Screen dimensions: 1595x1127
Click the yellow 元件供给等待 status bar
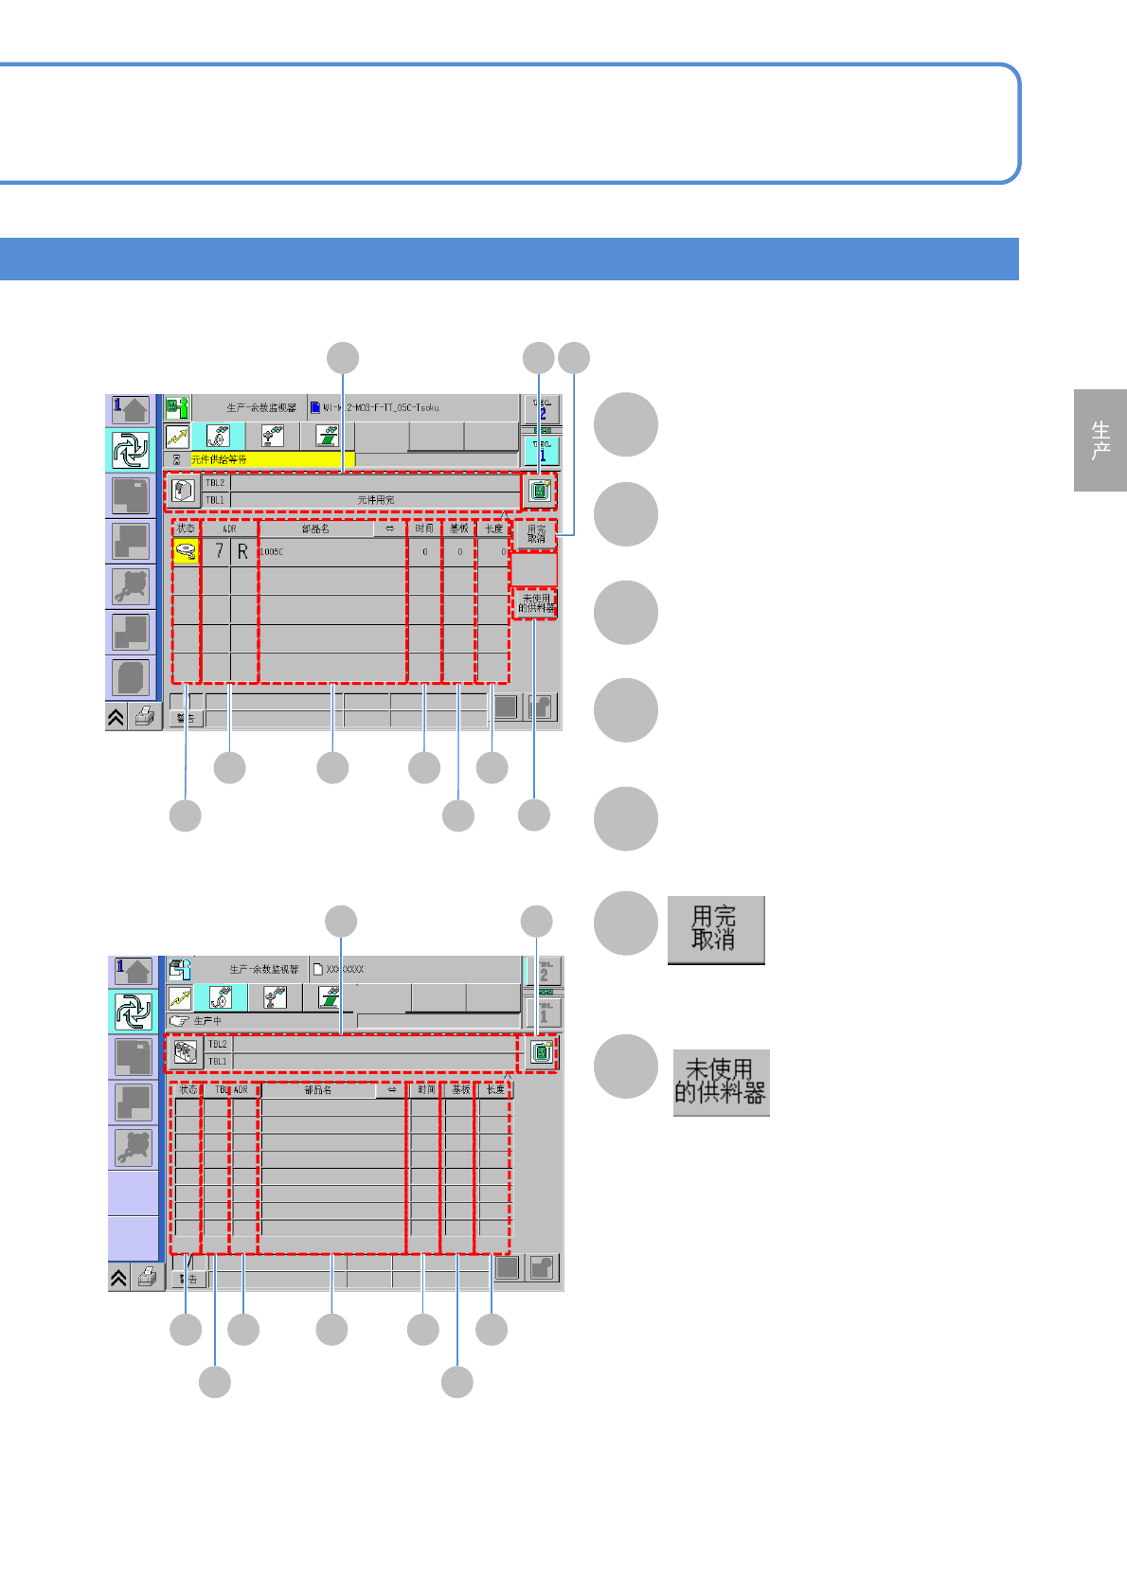point(271,459)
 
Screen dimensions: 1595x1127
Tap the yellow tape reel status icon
point(186,551)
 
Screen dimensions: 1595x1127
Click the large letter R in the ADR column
point(243,551)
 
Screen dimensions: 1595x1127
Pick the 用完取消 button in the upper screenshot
point(536,534)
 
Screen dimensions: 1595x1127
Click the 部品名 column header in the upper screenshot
point(316,529)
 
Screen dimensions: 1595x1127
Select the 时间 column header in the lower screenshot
point(426,1090)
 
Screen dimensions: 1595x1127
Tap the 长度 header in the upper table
point(494,529)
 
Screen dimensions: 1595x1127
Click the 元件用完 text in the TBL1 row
point(376,500)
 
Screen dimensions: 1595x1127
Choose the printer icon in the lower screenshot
point(147,1278)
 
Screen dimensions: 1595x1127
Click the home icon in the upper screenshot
point(131,409)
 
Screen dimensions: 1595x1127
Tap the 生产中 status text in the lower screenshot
point(207,1021)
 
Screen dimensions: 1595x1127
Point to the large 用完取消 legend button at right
point(715,929)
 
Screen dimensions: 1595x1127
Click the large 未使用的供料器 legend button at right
point(721,1083)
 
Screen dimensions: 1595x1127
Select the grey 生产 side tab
point(1100,440)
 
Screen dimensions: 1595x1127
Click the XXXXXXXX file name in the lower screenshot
point(345,970)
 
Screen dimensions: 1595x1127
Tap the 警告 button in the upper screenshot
point(187,719)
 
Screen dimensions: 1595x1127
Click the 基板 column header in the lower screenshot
point(460,1090)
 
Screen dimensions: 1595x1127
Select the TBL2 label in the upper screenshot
point(216,483)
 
